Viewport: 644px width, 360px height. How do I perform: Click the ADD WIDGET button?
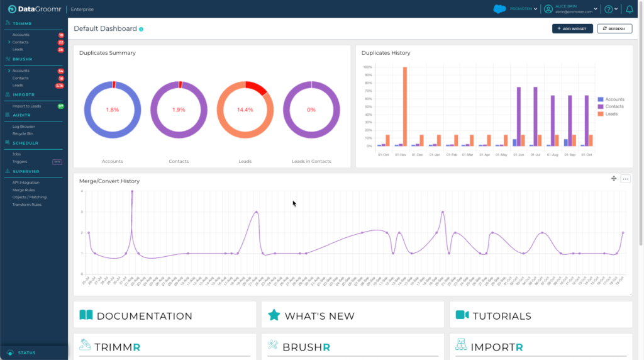pyautogui.click(x=572, y=28)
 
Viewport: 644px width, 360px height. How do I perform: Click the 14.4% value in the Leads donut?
pyautogui.click(x=245, y=110)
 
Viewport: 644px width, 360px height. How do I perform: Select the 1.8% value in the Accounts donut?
pyautogui.click(x=112, y=110)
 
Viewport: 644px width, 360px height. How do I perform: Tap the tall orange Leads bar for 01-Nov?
pyautogui.click(x=405, y=106)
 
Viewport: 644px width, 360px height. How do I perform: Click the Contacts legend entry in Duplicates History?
pyautogui.click(x=614, y=106)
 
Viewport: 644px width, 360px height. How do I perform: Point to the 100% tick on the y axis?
pyautogui.click(x=367, y=67)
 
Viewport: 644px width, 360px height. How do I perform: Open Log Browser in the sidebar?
pyautogui.click(x=24, y=127)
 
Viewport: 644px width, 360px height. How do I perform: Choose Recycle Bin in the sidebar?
pyautogui.click(x=23, y=134)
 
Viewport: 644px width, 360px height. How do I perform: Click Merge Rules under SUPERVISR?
pyautogui.click(x=24, y=189)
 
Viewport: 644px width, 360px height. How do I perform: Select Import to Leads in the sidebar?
pyautogui.click(x=26, y=106)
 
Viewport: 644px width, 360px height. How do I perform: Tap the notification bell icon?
pyautogui.click(x=630, y=9)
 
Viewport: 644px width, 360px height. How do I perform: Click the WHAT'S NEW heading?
pyautogui.click(x=319, y=316)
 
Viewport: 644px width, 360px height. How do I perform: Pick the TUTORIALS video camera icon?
pyautogui.click(x=462, y=315)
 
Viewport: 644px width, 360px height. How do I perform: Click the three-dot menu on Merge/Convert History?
pyautogui.click(x=625, y=179)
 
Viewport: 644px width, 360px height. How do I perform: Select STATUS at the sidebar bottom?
pyautogui.click(x=26, y=352)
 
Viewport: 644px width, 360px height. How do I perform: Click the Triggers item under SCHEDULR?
pyautogui.click(x=19, y=161)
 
